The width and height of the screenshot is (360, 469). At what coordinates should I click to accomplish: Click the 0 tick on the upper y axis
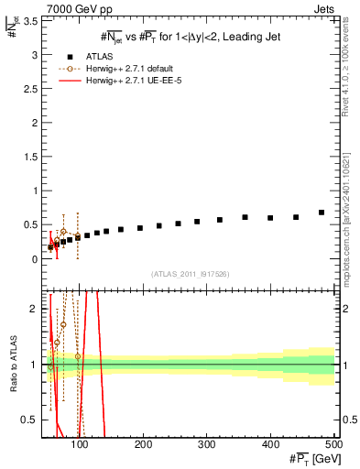click(35, 259)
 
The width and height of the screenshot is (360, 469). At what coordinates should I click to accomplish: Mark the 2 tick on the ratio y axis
click(35, 309)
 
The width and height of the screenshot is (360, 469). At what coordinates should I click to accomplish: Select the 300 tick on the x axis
click(207, 445)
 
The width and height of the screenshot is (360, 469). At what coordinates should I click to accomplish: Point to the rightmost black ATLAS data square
click(322, 213)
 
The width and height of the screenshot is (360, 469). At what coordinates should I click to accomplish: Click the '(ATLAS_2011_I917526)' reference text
click(191, 274)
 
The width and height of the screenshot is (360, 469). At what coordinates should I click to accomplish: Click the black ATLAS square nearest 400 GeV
click(270, 218)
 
